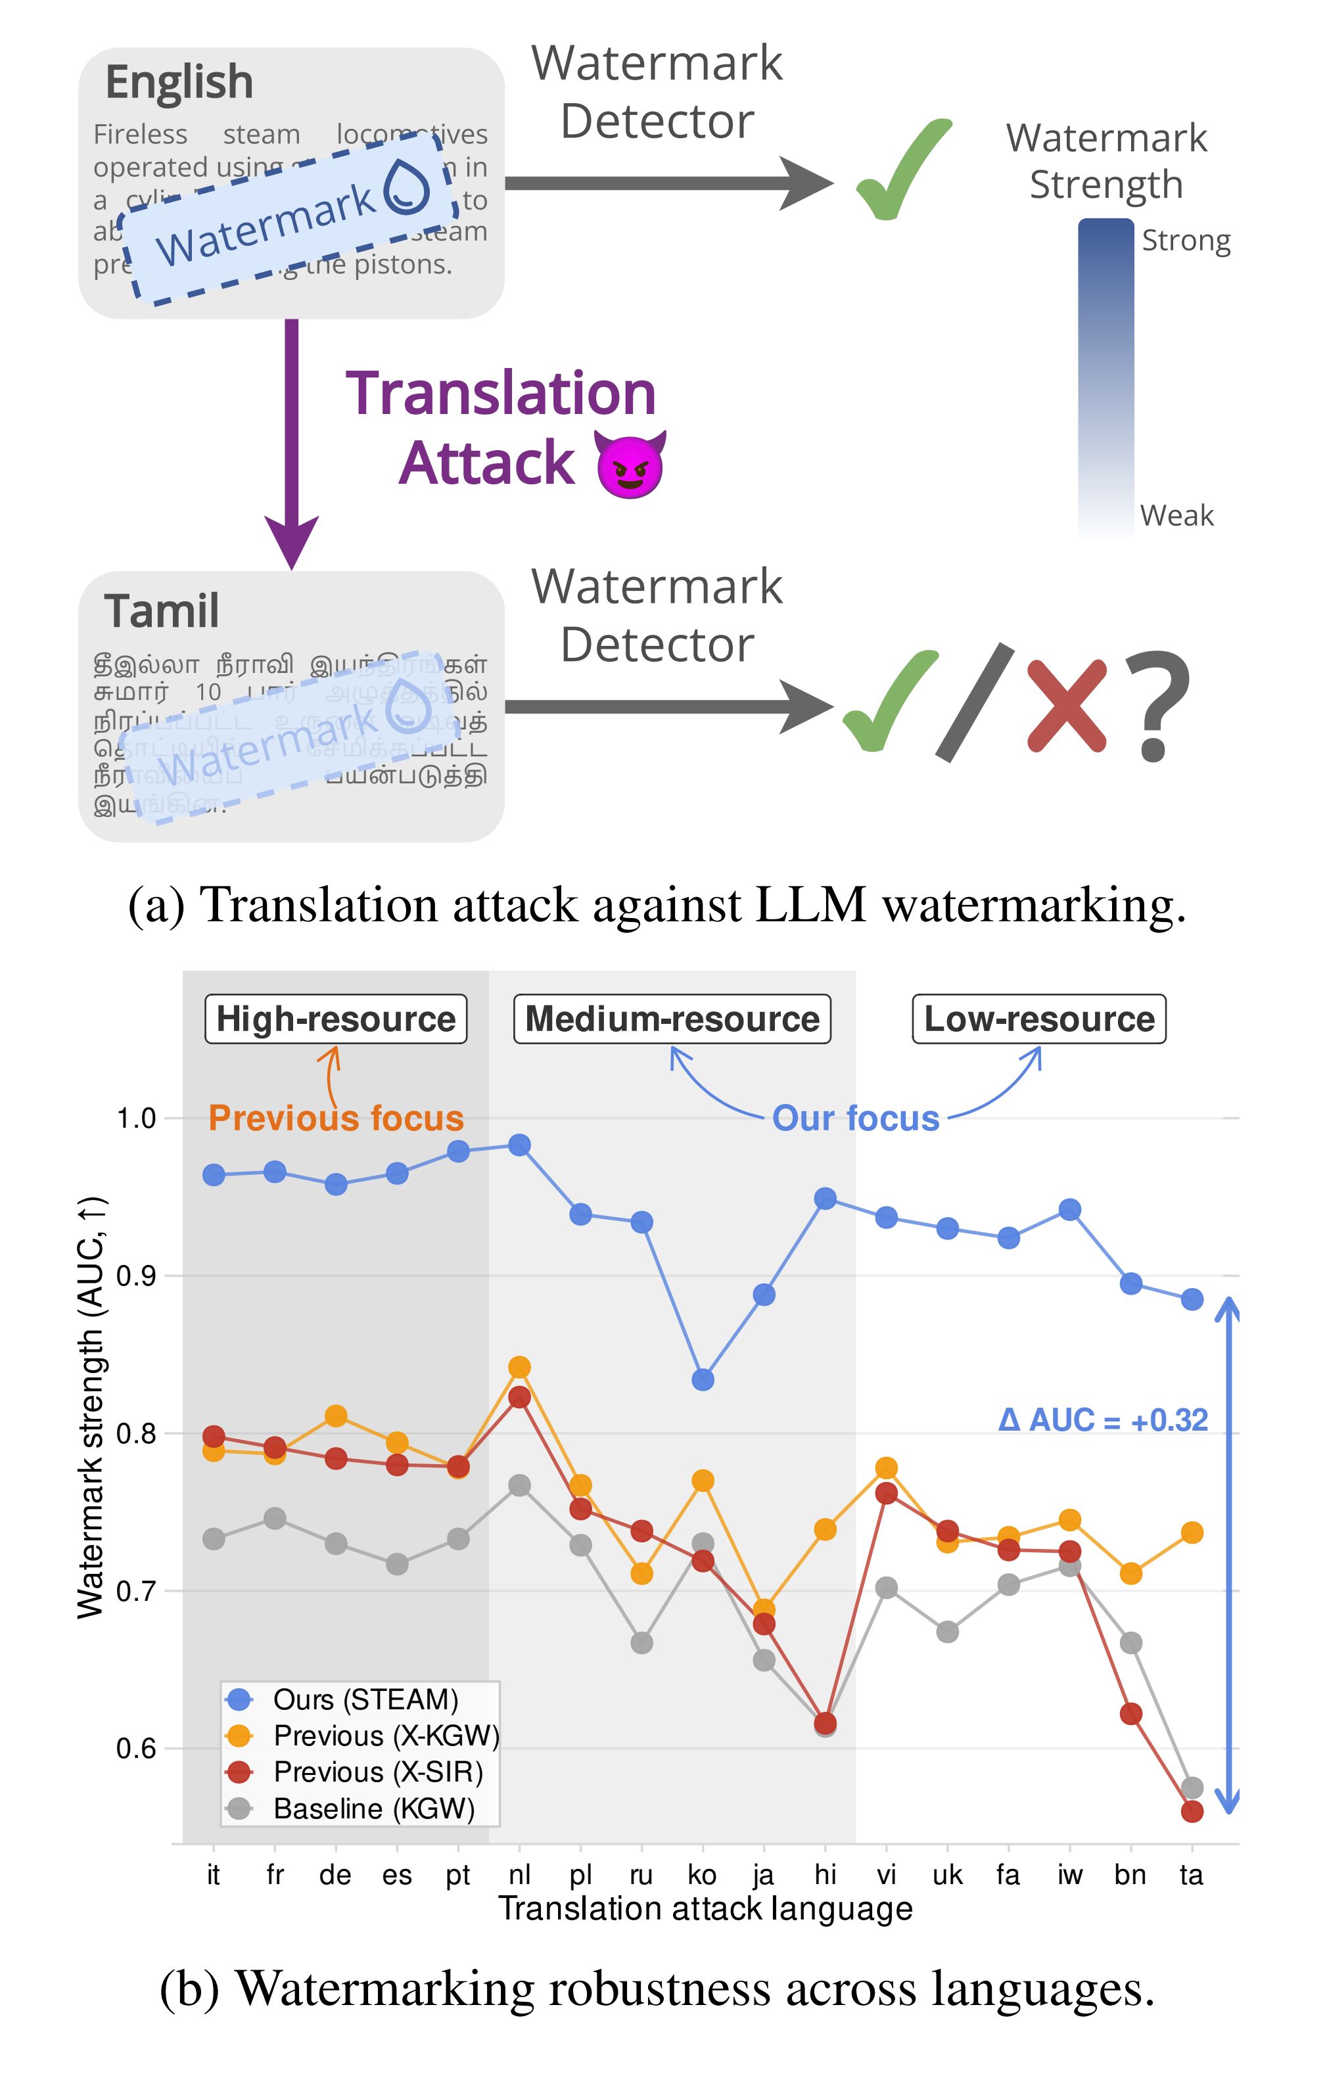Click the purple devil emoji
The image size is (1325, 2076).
tap(630, 465)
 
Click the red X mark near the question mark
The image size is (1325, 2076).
tap(1067, 705)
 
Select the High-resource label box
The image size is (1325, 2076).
tap(335, 1019)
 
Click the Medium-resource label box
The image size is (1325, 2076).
tap(672, 1019)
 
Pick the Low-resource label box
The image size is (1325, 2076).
tap(1039, 1019)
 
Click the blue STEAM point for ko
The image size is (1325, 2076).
tap(703, 1379)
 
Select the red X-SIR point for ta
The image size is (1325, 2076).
tap(1192, 1811)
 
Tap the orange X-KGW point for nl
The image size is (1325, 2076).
tap(519, 1368)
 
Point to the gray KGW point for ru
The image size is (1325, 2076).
tap(641, 1643)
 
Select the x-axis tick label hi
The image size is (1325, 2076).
tap(825, 1875)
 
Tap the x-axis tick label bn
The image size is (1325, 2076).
tap(1130, 1875)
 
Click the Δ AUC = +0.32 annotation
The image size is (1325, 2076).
tap(1103, 1420)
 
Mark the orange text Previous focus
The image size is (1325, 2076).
tap(337, 1119)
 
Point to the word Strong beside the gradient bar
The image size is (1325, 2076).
tap(1186, 241)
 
